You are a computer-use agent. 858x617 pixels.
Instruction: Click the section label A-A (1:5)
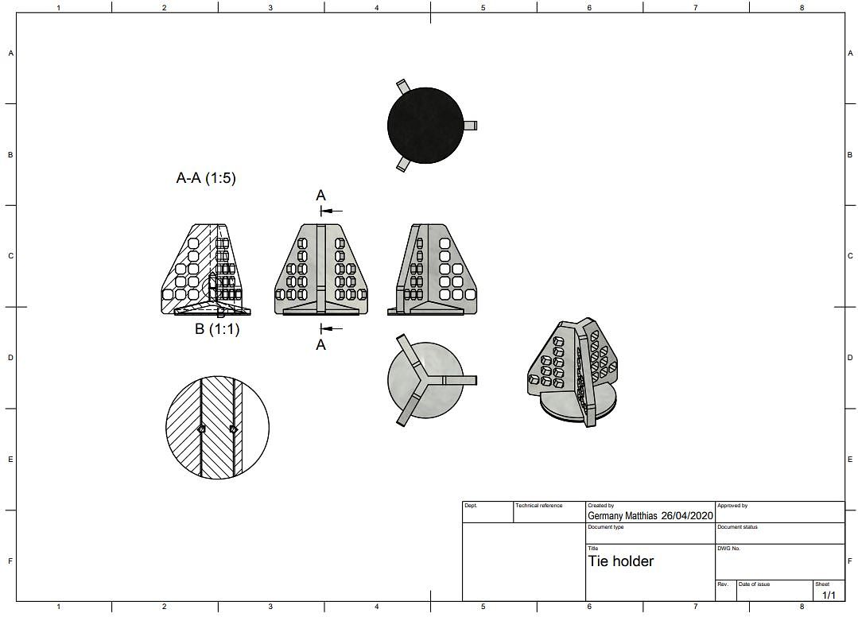pos(206,178)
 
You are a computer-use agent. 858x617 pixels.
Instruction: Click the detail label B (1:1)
pos(217,329)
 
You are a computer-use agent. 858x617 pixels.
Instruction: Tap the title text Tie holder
pos(620,561)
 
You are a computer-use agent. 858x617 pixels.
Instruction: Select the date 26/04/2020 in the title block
pos(687,516)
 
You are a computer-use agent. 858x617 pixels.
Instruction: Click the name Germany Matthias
pos(622,516)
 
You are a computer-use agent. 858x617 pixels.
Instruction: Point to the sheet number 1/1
pos(829,595)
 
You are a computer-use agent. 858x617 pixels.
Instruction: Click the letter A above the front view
pos(320,196)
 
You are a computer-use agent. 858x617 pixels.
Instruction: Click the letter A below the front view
pos(320,345)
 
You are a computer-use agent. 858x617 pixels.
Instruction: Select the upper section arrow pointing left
pos(332,211)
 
